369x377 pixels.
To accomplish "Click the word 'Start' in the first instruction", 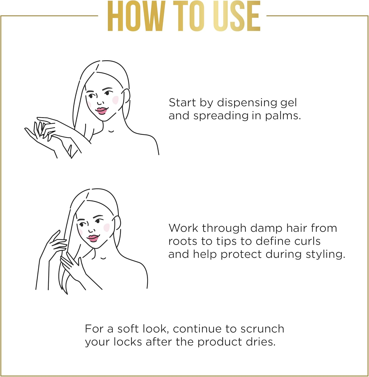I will click(x=182, y=103).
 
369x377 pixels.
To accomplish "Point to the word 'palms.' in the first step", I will click(x=283, y=116).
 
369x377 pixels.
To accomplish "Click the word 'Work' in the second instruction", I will click(x=183, y=228).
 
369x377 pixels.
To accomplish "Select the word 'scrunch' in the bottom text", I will click(x=262, y=329).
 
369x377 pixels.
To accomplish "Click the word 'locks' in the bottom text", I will click(x=128, y=342).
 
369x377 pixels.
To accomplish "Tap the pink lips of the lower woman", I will click(x=93, y=238).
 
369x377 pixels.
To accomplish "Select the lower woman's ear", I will click(x=117, y=224).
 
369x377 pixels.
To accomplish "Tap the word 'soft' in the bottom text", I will click(x=128, y=329).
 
